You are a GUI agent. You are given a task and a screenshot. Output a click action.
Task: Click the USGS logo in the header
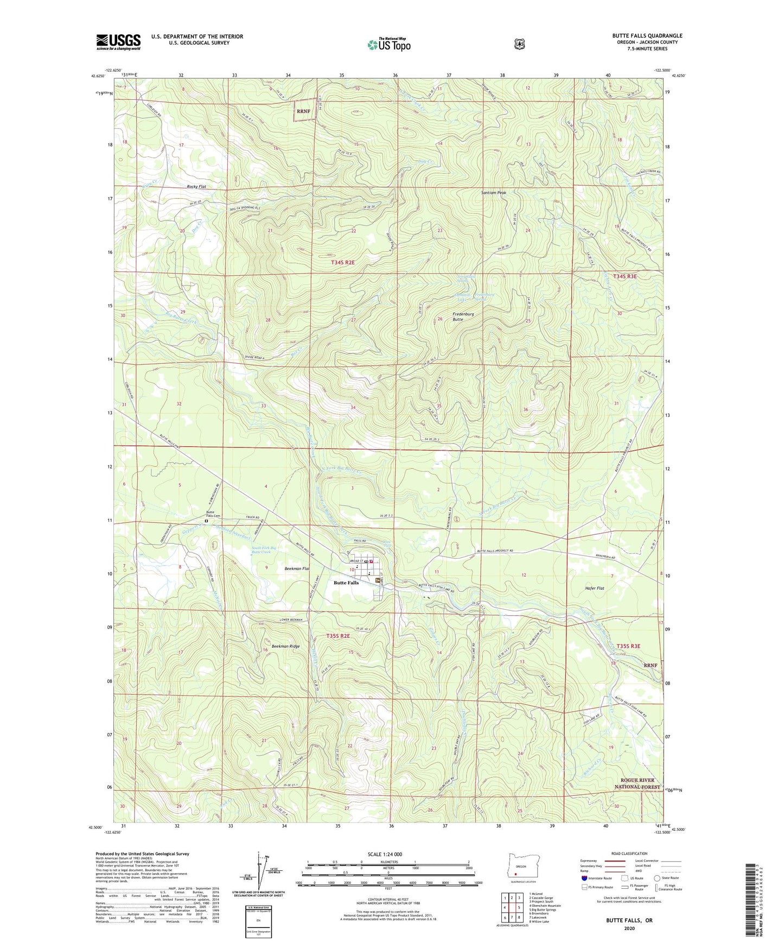pos(118,42)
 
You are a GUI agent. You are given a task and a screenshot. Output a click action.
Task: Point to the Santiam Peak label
pos(494,193)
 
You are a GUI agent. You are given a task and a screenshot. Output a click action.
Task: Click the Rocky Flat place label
pos(196,186)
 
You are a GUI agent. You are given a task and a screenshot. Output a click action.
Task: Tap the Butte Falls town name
pos(346,583)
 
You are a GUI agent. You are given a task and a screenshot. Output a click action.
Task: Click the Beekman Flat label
pos(297,568)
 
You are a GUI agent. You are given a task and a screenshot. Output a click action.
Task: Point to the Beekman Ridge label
pos(285,646)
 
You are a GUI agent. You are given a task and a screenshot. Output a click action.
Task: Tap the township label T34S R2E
pos(342,262)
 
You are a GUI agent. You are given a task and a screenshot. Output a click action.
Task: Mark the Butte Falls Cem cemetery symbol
pos(206,521)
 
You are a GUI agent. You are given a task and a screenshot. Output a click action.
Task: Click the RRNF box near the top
pos(304,111)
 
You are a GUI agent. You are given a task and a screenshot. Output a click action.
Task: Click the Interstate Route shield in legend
pos(584,877)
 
